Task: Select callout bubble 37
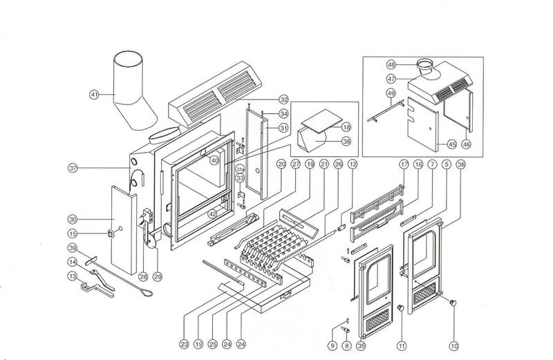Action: coord(73,167)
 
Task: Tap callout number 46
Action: coord(465,144)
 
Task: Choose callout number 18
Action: coord(346,127)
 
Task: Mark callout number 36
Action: coord(462,164)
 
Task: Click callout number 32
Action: coord(283,100)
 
